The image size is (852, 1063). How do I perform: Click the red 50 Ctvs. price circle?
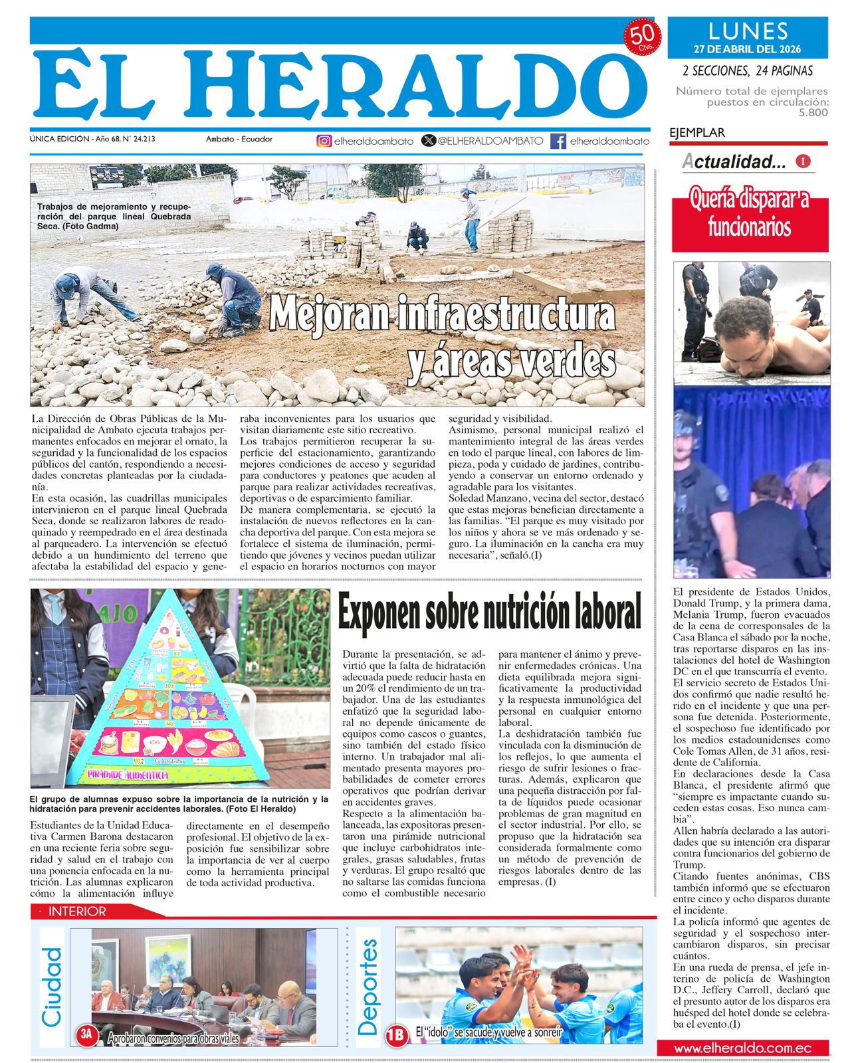[643, 37]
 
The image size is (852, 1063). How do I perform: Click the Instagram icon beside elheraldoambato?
[324, 141]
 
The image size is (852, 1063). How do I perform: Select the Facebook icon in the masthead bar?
[558, 141]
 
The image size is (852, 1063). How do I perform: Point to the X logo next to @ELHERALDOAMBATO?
[429, 141]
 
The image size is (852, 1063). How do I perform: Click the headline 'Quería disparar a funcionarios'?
[750, 213]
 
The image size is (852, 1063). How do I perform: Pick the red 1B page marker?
[396, 1034]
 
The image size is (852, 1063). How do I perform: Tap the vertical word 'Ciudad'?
[51, 987]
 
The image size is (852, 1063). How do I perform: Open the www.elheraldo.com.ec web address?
[742, 1048]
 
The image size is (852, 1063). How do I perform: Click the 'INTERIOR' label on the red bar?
[77, 912]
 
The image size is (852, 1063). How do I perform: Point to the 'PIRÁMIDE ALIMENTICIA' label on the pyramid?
[128, 775]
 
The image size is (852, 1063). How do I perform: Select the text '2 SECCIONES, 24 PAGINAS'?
[748, 70]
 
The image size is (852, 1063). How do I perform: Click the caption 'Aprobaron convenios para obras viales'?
[173, 1038]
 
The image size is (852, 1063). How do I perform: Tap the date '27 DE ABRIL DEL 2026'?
[748, 49]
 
